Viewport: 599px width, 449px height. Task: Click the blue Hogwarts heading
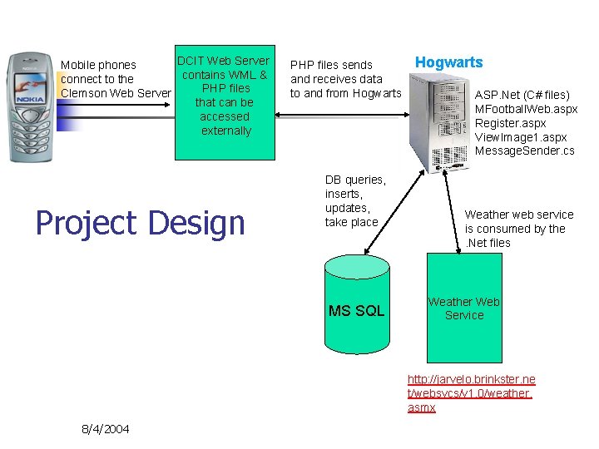(x=448, y=62)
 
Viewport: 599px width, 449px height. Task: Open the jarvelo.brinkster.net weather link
(x=471, y=393)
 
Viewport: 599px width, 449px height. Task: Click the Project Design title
(x=140, y=223)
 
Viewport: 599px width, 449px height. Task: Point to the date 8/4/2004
(x=105, y=429)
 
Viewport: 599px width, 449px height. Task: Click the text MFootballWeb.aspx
(x=526, y=109)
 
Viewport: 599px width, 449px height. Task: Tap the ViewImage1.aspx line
(x=521, y=137)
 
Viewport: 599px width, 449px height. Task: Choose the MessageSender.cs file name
(x=524, y=151)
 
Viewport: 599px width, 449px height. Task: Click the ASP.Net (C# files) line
(x=522, y=95)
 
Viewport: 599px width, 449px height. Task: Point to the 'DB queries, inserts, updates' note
(x=355, y=201)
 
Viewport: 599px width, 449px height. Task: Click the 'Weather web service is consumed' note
(x=519, y=228)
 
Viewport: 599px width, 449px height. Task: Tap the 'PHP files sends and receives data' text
(x=345, y=79)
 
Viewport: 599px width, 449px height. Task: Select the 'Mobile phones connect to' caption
(x=116, y=79)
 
